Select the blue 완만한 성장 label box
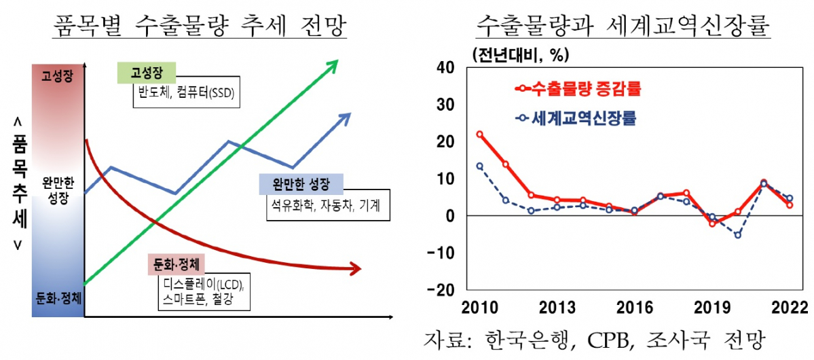[301, 184]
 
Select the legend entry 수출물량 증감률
[578, 89]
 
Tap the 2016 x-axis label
[634, 306]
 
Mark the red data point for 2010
[479, 134]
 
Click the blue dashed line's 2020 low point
[738, 235]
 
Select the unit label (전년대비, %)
[517, 53]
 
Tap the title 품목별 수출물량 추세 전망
[200, 27]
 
